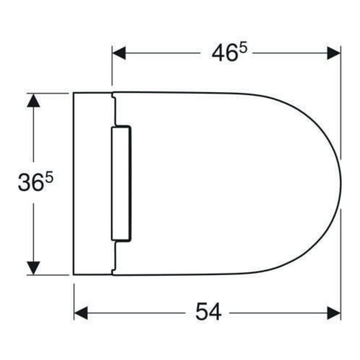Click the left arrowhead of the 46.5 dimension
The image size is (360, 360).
(x=119, y=53)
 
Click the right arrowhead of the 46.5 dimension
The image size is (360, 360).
(x=334, y=53)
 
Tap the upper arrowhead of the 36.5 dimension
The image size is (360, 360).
(x=33, y=100)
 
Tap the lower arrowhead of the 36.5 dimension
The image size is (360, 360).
(x=33, y=268)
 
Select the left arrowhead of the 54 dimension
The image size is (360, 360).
(x=81, y=312)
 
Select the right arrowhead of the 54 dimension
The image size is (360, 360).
(x=334, y=312)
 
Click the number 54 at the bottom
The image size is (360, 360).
(x=208, y=311)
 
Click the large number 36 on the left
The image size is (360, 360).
(x=31, y=182)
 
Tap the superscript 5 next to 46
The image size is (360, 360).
(x=243, y=48)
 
